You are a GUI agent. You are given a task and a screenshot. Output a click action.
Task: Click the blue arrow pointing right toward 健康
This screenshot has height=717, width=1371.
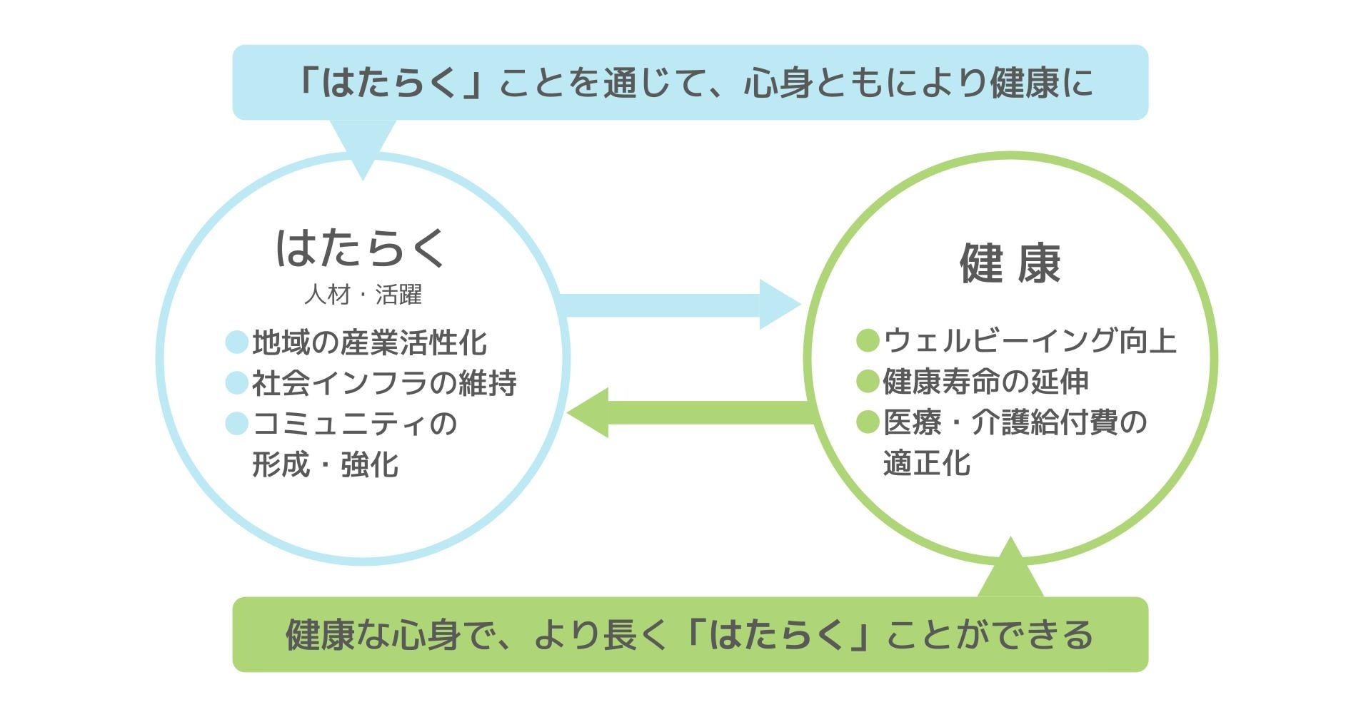(678, 305)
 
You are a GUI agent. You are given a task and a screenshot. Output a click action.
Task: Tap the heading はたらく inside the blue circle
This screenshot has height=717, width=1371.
(361, 248)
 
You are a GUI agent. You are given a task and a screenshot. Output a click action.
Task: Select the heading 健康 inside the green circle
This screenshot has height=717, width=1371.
(1010, 263)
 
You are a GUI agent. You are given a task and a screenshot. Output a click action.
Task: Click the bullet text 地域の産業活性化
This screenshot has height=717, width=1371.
(369, 343)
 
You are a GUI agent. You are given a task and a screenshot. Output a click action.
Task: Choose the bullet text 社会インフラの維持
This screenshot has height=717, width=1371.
(384, 383)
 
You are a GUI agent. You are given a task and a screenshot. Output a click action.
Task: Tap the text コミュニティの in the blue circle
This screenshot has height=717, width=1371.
(355, 424)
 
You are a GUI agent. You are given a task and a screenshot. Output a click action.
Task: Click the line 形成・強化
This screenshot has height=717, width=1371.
(326, 464)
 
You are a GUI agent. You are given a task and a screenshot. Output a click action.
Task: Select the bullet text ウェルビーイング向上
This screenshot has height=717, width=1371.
(1030, 341)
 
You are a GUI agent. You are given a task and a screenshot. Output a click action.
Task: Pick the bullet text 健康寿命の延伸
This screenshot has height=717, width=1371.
(986, 382)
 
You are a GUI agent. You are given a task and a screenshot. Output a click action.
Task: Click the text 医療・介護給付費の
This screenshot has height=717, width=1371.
(1015, 422)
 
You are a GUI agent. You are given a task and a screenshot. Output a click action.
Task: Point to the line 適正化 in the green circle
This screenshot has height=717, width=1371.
(927, 463)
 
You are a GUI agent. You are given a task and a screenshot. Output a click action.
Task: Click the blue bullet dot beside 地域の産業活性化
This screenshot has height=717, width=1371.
(236, 342)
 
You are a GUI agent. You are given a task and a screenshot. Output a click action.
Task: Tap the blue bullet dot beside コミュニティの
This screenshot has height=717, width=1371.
(236, 424)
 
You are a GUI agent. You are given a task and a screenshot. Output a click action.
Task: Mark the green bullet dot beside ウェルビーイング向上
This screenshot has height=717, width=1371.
(867, 341)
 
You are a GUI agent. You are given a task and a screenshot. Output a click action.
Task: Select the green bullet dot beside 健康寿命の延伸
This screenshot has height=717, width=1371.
(867, 382)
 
